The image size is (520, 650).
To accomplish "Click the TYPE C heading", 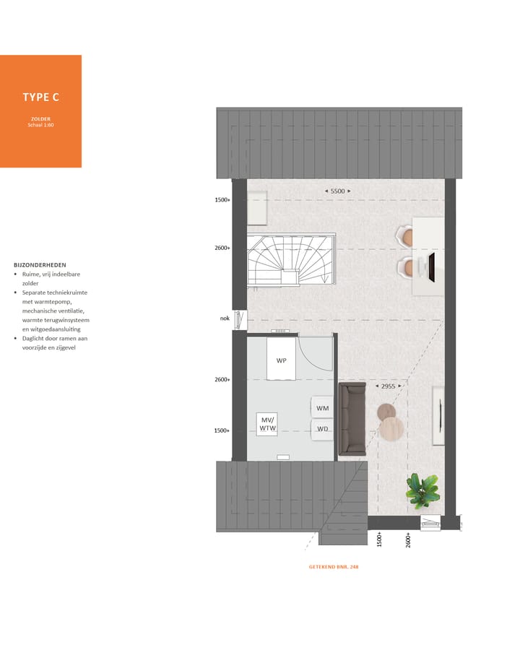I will coord(40,97).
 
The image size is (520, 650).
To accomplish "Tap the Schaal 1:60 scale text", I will coord(40,125).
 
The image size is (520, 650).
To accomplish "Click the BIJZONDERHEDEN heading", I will coord(40,265).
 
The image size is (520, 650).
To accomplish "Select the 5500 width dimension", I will coord(337,191).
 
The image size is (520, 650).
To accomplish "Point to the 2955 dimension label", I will coord(388,386).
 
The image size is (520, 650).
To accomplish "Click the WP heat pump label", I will coord(282,360).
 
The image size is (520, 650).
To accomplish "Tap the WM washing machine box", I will coord(323,408).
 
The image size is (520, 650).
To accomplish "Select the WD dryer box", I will coord(323,429).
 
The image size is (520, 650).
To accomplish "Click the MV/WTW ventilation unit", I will coord(268,424).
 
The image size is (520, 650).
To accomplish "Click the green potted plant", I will coord(422,490).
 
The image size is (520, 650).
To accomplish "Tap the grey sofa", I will coord(353,420).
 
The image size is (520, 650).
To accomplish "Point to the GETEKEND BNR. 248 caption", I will coord(334,567).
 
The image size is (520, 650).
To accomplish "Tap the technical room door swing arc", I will coord(315,357).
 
